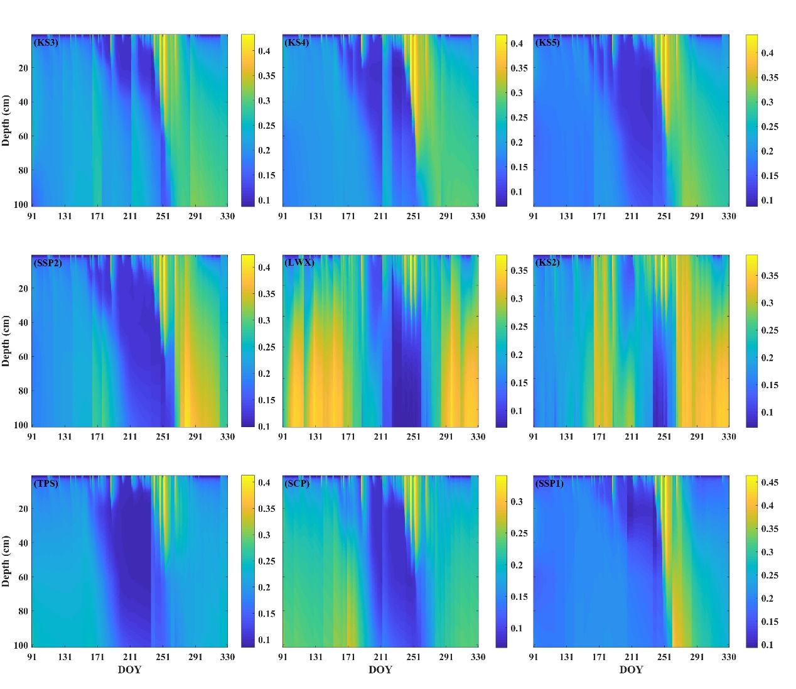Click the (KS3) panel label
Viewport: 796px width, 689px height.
(x=46, y=43)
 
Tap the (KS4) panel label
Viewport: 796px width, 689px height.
(x=297, y=43)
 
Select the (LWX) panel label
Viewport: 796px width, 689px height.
(x=299, y=263)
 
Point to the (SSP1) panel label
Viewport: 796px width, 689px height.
(x=549, y=484)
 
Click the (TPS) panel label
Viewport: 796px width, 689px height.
(x=46, y=484)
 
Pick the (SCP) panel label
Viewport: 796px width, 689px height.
(x=297, y=484)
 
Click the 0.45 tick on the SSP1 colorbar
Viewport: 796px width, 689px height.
(x=770, y=482)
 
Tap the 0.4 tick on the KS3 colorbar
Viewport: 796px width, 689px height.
(x=264, y=51)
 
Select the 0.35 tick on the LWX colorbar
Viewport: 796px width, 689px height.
(x=519, y=271)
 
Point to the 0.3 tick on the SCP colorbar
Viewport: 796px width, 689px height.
(x=516, y=502)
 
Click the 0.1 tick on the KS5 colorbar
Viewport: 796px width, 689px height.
(x=767, y=200)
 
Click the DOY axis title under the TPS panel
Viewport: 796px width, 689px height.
(x=129, y=670)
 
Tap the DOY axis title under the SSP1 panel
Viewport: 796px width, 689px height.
(x=631, y=670)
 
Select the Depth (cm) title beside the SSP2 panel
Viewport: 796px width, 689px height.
(x=6, y=341)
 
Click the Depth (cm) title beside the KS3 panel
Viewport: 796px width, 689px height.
(x=6, y=121)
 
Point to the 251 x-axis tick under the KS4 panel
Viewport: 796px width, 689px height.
(x=413, y=216)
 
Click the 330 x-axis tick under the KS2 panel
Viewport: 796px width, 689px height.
(x=728, y=437)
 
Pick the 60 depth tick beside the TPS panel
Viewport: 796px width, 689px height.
(x=23, y=577)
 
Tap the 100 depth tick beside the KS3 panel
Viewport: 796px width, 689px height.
(x=21, y=204)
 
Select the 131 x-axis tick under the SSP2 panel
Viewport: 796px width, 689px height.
(x=65, y=437)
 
